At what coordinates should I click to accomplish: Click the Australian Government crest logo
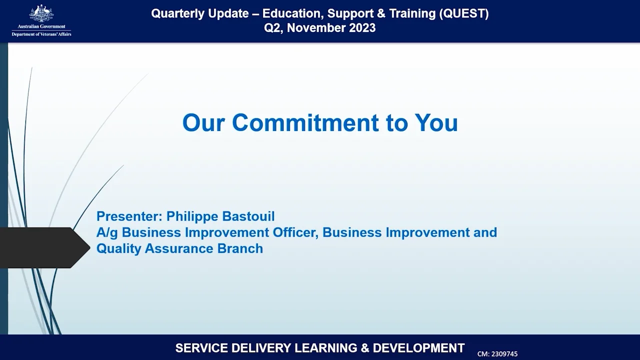tap(41, 13)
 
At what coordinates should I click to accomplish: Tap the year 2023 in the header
tap(359, 28)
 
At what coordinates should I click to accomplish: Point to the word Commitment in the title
tap(305, 122)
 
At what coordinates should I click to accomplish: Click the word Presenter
tap(128, 216)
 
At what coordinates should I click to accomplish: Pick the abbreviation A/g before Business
tap(107, 232)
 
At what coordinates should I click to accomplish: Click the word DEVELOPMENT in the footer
tap(418, 348)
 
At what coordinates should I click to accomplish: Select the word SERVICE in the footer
tap(199, 348)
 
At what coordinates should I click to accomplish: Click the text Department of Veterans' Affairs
tap(41, 34)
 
